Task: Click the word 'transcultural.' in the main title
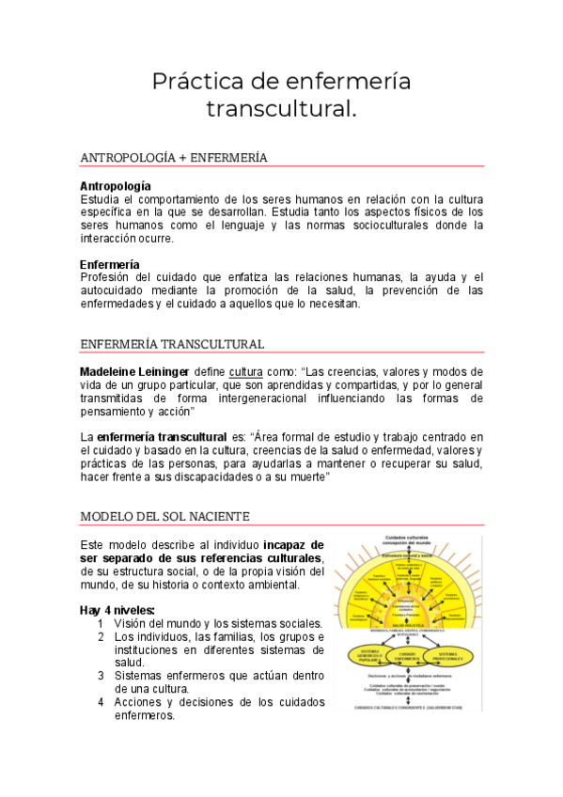click(x=281, y=109)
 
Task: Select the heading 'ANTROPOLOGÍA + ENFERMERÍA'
click(x=174, y=158)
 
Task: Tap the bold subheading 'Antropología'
click(x=116, y=186)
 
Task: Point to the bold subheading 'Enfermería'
click(x=110, y=264)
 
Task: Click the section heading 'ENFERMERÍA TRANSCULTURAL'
click(x=172, y=344)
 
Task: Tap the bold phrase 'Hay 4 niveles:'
click(x=117, y=610)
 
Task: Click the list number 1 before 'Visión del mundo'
click(x=101, y=623)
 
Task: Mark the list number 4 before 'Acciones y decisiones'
click(x=101, y=702)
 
